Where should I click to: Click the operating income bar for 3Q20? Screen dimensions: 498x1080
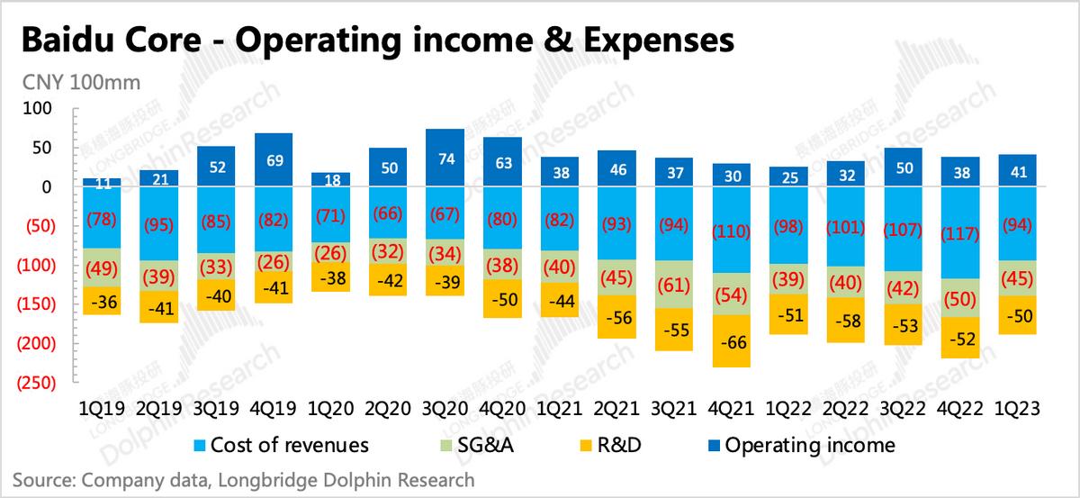tap(445, 158)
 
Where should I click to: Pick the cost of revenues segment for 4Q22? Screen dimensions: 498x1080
tap(961, 232)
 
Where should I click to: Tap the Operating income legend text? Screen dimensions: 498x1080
tap(810, 445)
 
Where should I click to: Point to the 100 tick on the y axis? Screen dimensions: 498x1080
tap(41, 108)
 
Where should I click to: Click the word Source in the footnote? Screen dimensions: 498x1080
tap(44, 479)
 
